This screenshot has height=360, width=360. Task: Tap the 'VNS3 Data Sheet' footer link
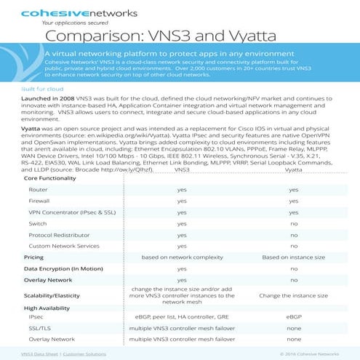click(40, 353)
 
